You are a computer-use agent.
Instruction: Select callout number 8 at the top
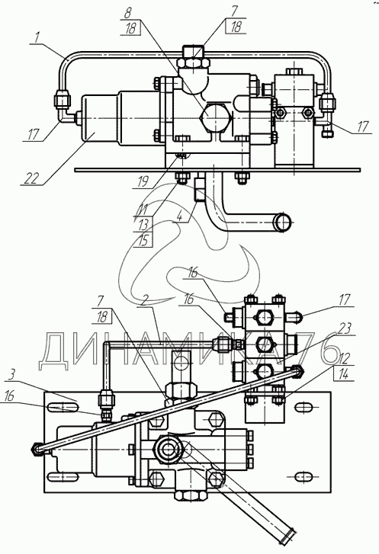point(127,14)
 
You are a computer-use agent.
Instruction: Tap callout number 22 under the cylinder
point(31,178)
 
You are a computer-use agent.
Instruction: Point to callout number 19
point(142,182)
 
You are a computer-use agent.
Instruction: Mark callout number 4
point(179,216)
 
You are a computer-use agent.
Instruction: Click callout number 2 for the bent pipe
point(143,299)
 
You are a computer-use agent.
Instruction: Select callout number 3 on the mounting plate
point(11,374)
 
